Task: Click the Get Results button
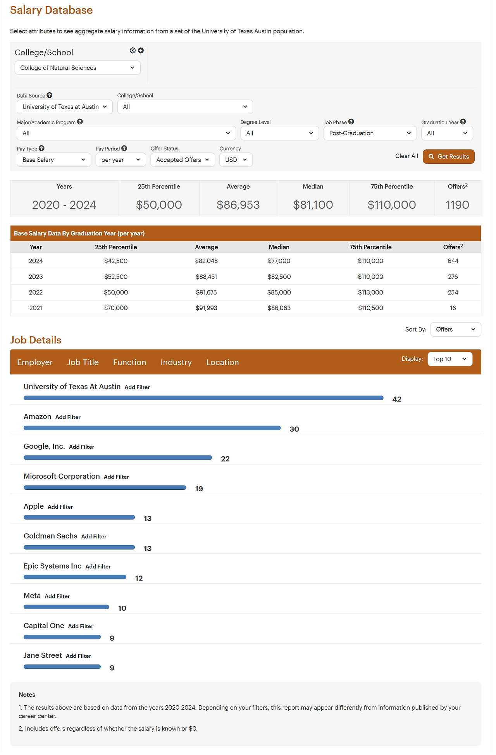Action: tap(448, 157)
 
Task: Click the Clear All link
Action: tap(406, 156)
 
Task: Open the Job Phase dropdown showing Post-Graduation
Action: tap(370, 133)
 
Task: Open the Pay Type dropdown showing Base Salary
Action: tap(53, 160)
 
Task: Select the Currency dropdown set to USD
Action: tap(236, 160)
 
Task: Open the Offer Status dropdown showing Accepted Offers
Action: tap(183, 160)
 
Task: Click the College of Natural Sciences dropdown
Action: tap(77, 67)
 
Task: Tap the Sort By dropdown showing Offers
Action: tap(455, 329)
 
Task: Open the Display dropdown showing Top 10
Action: tap(449, 359)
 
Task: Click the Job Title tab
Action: tap(83, 362)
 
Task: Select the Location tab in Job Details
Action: tap(222, 362)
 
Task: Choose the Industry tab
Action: tap(176, 362)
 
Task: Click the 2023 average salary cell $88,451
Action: tap(206, 277)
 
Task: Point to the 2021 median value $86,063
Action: tap(279, 308)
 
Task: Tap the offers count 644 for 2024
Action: tap(453, 261)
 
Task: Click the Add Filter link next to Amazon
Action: tap(68, 417)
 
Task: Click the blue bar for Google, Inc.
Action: tap(118, 458)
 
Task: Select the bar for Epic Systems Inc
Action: tap(75, 577)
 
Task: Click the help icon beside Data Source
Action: tap(50, 95)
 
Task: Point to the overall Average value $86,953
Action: tap(238, 205)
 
